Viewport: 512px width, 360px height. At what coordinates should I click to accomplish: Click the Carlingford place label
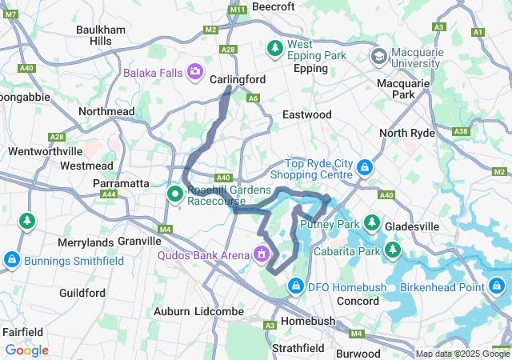tap(237, 80)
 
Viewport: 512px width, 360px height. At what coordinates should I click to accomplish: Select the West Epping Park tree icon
tap(275, 49)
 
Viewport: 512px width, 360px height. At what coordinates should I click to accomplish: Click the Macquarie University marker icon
tap(379, 56)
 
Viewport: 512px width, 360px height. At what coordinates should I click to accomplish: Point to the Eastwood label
tap(306, 115)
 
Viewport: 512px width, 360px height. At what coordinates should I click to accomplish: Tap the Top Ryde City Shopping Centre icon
tap(365, 167)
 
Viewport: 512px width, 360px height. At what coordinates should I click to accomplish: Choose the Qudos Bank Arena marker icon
tap(261, 254)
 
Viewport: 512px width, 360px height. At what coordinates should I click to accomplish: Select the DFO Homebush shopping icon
tap(296, 286)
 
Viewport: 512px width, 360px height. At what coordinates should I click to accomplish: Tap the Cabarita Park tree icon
tap(392, 250)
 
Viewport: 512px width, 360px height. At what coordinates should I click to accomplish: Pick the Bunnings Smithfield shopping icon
tap(12, 259)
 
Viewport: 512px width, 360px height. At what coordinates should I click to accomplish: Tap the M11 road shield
tap(238, 9)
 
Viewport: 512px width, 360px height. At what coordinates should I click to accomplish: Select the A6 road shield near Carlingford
tap(254, 98)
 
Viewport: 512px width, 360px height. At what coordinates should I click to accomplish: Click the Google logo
tap(26, 350)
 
